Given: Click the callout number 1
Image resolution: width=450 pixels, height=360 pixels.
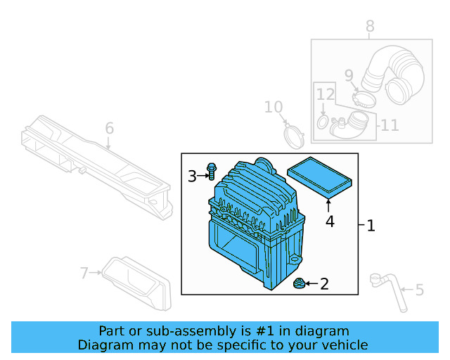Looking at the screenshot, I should [x=371, y=226].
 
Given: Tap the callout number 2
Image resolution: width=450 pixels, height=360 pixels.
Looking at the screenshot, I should [x=324, y=284].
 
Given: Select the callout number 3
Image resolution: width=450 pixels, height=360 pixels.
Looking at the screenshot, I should [x=192, y=176].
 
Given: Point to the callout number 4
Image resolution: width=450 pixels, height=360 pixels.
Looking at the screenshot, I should [x=329, y=222].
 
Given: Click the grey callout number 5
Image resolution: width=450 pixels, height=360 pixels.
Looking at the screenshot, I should [x=420, y=290].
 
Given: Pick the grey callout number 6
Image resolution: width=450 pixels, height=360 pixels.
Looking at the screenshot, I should [x=109, y=129].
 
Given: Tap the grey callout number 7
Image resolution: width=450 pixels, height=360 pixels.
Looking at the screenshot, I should [x=84, y=272].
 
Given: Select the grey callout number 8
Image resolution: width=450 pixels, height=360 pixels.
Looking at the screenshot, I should [x=370, y=27].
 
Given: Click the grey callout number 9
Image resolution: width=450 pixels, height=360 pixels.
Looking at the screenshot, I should [x=349, y=75].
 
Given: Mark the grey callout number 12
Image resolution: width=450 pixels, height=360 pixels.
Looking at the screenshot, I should [x=324, y=94].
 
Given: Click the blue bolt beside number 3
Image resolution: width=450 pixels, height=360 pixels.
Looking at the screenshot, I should [x=211, y=171].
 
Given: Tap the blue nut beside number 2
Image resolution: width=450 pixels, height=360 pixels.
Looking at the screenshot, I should [x=298, y=284].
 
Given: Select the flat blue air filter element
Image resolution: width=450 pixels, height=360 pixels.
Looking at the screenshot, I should [x=320, y=179].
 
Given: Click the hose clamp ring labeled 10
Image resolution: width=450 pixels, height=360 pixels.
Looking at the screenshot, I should [x=294, y=136].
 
